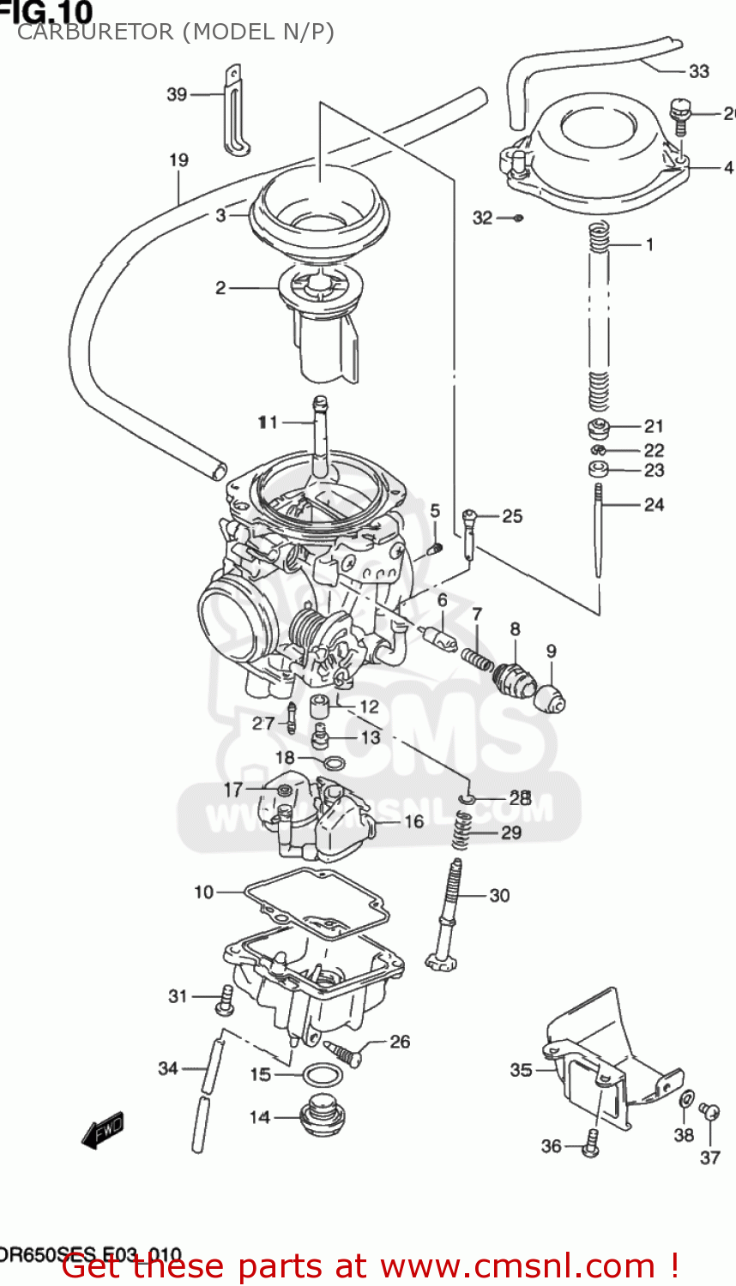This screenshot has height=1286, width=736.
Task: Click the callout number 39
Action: click(x=177, y=94)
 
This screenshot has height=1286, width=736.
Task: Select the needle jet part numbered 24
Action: click(x=599, y=532)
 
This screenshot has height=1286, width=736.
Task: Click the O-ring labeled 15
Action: click(x=321, y=1073)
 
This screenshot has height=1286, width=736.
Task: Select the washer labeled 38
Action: click(x=686, y=1100)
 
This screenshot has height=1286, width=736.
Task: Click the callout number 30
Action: click(x=499, y=896)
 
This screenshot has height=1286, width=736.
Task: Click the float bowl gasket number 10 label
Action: click(x=203, y=892)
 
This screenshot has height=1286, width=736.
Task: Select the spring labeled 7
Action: click(x=476, y=659)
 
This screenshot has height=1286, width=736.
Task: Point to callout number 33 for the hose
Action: click(x=699, y=71)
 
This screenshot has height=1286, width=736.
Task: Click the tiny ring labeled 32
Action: click(x=518, y=218)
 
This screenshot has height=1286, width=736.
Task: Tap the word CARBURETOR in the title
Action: click(x=94, y=33)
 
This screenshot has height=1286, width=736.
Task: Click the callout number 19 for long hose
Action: click(x=178, y=160)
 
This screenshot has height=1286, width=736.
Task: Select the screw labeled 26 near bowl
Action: click(x=343, y=1051)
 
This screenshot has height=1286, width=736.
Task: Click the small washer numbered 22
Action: click(x=599, y=450)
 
